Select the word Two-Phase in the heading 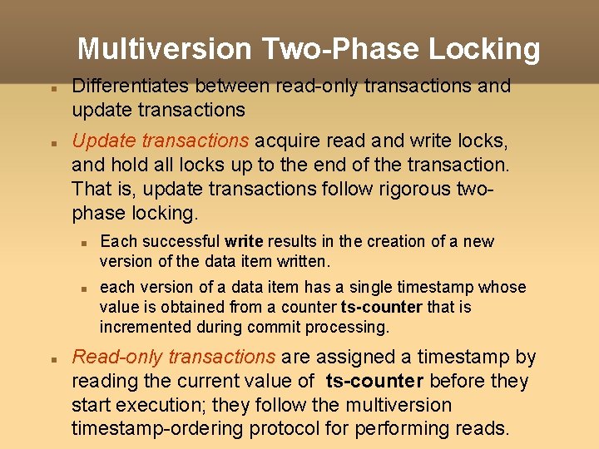pyautogui.click(x=343, y=49)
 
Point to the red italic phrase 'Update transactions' pyautogui.click(x=161, y=141)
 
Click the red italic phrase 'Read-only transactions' pyautogui.click(x=174, y=358)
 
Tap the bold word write pyautogui.click(x=244, y=242)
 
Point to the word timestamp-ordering pyautogui.click(x=161, y=428)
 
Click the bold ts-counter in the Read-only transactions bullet pyautogui.click(x=375, y=382)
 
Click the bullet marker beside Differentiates pyautogui.click(x=52, y=87)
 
